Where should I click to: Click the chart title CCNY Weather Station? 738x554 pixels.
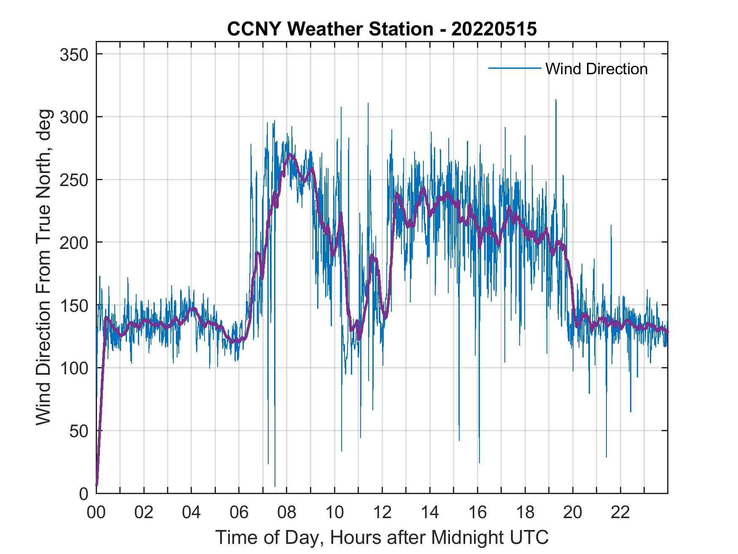pyautogui.click(x=382, y=29)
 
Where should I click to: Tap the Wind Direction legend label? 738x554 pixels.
pyautogui.click(x=596, y=69)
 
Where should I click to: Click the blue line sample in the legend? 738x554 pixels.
pyautogui.click(x=514, y=68)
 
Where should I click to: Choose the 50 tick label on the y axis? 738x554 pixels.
pyautogui.click(x=80, y=431)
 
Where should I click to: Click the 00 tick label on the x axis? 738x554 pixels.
pyautogui.click(x=96, y=513)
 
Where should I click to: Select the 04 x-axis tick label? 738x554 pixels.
pyautogui.click(x=191, y=513)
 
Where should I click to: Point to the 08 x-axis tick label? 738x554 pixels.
pyautogui.click(x=287, y=513)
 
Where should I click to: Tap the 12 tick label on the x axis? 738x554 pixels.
pyautogui.click(x=382, y=513)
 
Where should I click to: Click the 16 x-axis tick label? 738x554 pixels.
pyautogui.click(x=477, y=513)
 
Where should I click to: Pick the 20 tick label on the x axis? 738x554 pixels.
pyautogui.click(x=573, y=513)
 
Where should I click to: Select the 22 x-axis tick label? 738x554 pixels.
pyautogui.click(x=620, y=513)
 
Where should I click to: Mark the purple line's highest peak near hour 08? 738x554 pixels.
pyautogui.click(x=289, y=154)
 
